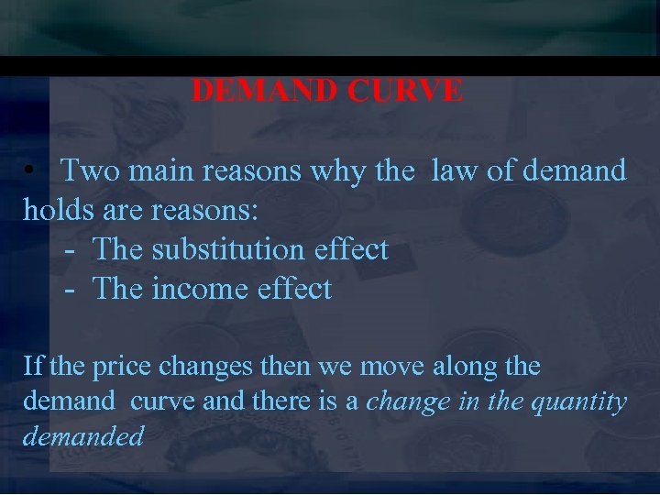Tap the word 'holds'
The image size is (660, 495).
[58, 210]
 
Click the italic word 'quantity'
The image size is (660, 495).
[584, 401]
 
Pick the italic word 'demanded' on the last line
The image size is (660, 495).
[83, 435]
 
